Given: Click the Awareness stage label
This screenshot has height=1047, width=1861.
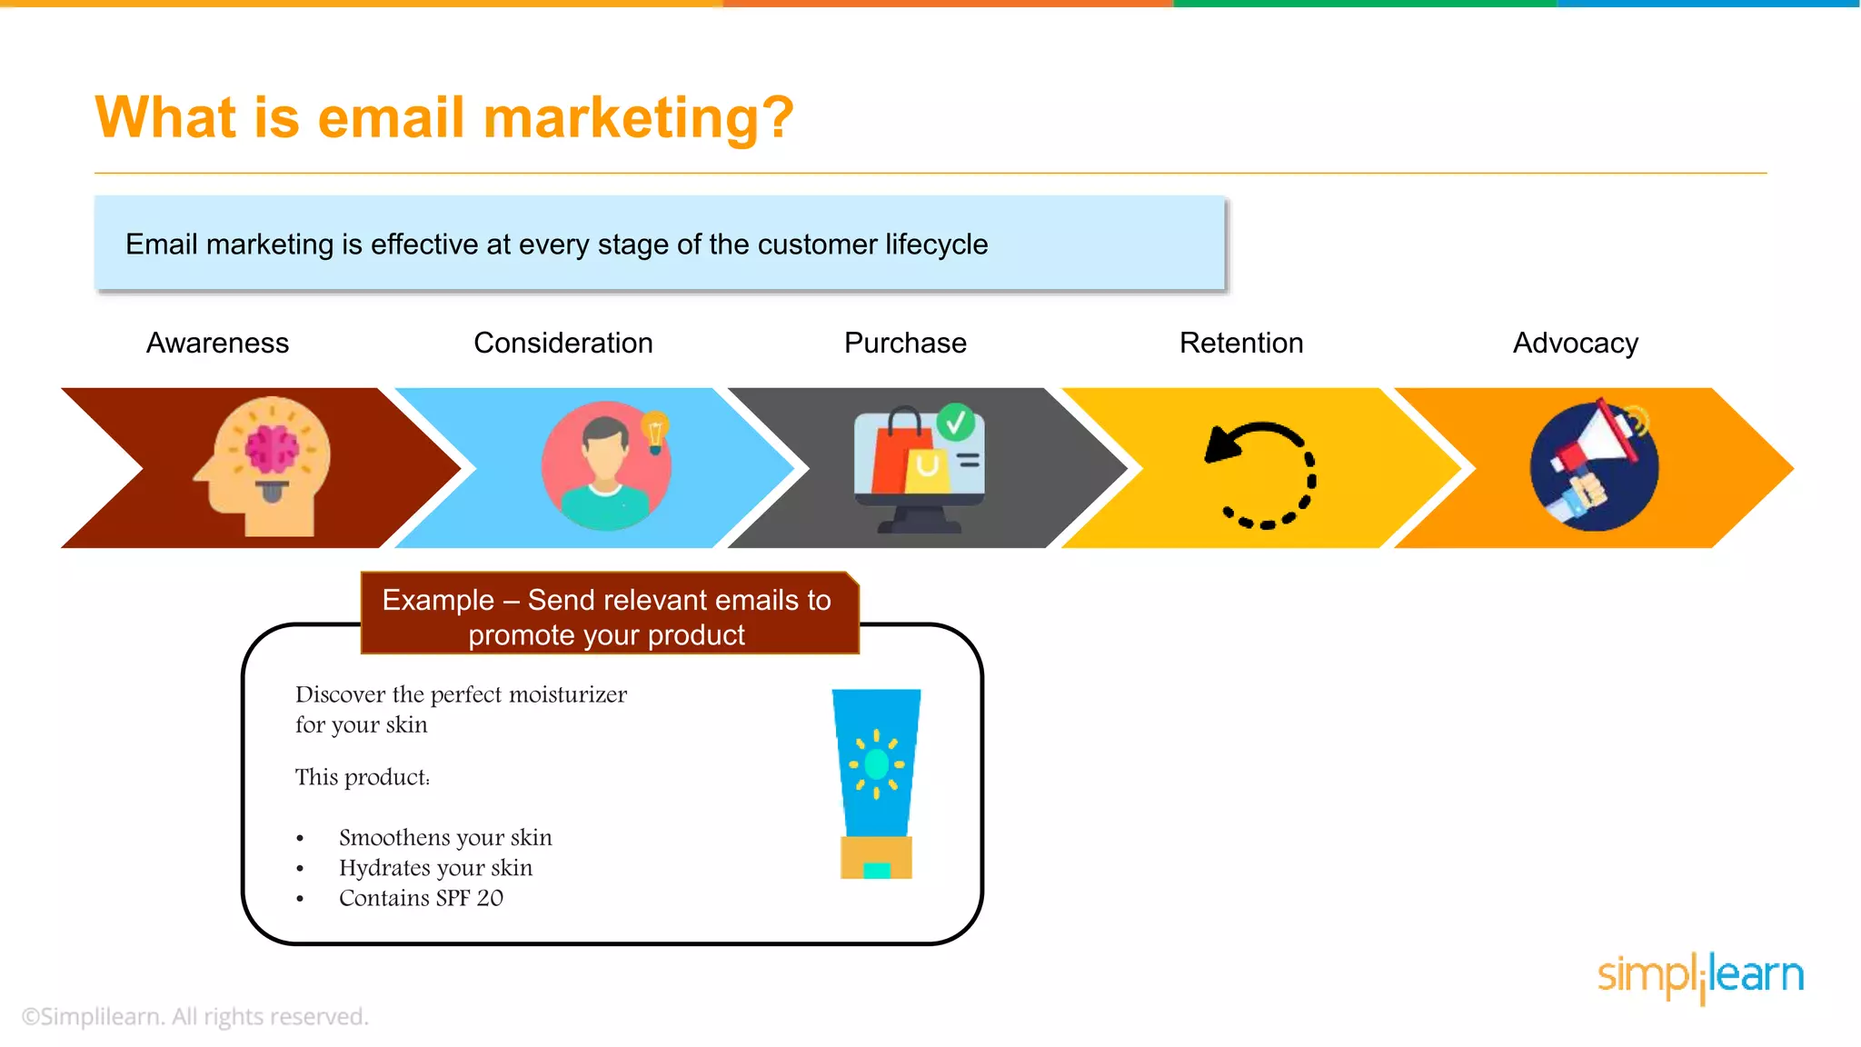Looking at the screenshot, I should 217,343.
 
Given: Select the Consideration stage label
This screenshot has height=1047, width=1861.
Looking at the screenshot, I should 562,343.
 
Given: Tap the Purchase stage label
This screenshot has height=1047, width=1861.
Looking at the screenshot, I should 905,343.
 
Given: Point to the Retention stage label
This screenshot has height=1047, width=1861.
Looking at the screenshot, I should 1240,343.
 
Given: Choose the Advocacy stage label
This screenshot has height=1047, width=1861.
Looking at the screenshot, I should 1575,343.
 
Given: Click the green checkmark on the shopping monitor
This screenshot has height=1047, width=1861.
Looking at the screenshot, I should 956,422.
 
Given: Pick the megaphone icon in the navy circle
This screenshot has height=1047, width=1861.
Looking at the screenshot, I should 1595,465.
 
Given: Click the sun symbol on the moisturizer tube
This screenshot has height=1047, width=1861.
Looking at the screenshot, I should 876,763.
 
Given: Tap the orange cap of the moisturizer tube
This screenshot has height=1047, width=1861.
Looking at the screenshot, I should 876,857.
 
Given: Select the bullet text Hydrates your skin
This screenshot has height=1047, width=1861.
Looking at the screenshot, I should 435,868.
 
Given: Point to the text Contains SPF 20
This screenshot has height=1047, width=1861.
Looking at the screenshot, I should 421,898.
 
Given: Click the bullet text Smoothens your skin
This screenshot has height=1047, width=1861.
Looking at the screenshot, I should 445,837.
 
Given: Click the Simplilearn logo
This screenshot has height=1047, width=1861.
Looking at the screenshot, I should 1699,976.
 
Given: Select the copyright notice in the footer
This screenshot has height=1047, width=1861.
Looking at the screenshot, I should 195,1016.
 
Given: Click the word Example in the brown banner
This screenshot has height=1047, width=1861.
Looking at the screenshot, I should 438,601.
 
